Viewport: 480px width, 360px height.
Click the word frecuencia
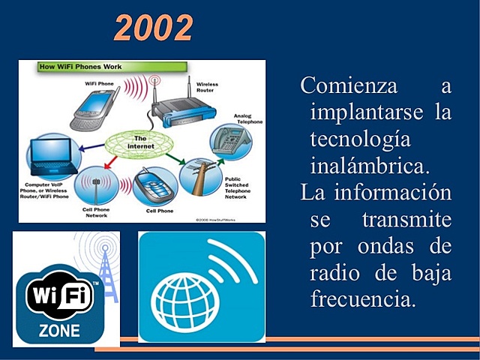[x=363, y=298]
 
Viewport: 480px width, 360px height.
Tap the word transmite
[x=406, y=220]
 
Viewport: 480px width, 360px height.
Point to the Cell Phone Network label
[x=95, y=212]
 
